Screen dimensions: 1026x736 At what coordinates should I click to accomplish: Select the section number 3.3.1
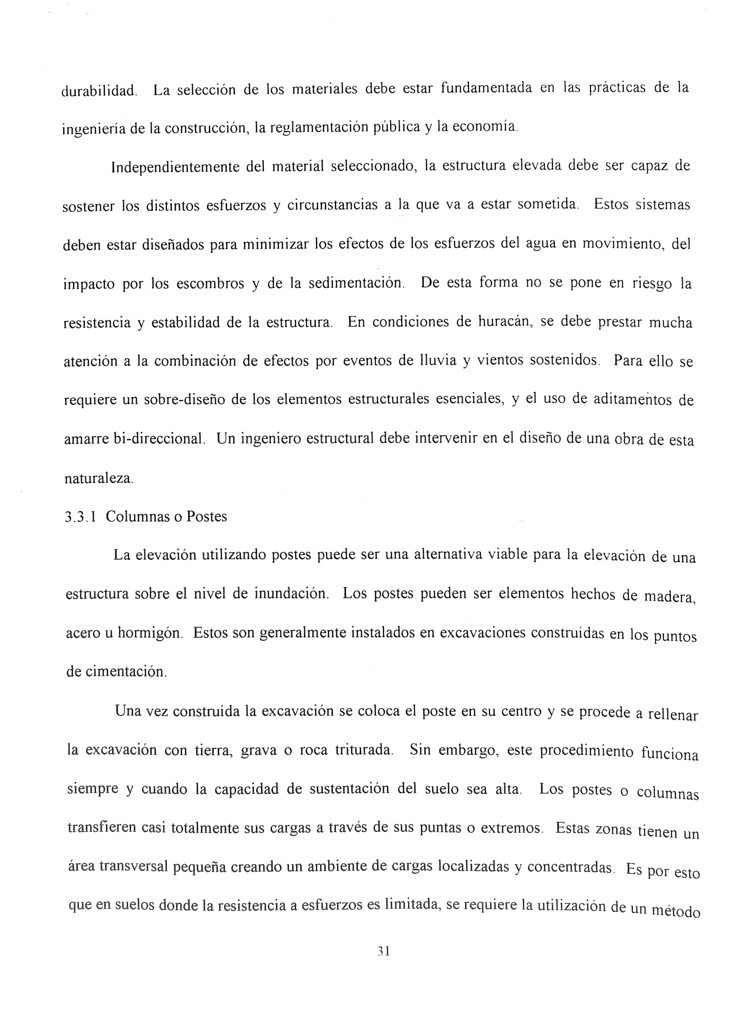pyautogui.click(x=80, y=517)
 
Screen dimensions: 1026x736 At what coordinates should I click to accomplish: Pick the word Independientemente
pyautogui.click(x=175, y=167)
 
